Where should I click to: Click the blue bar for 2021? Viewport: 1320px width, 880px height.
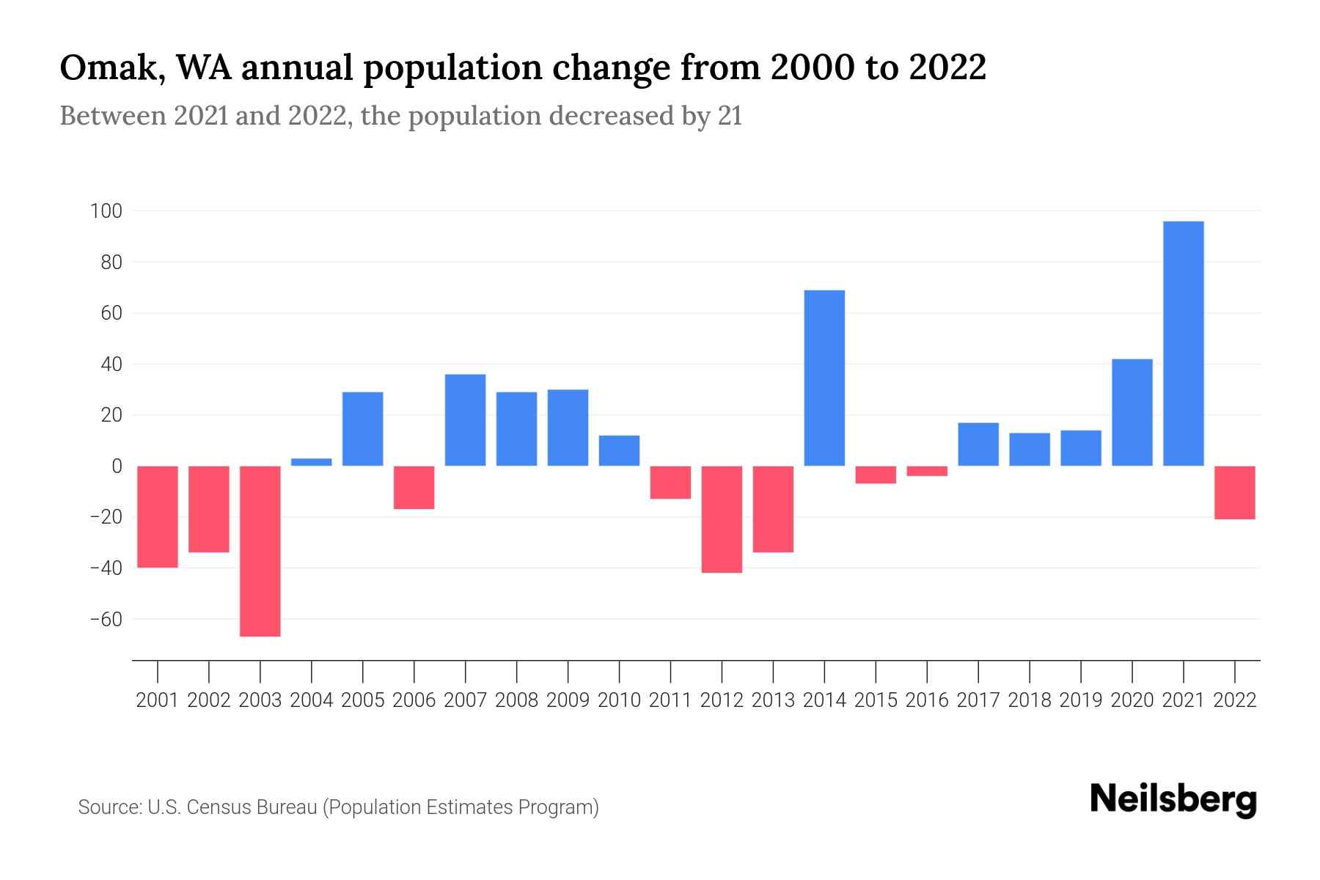(1183, 343)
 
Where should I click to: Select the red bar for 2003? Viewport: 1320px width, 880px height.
(260, 551)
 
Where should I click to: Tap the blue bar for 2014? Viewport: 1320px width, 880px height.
(824, 378)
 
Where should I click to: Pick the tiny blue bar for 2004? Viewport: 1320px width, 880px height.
(312, 462)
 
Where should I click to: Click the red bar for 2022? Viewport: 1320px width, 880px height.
(1234, 492)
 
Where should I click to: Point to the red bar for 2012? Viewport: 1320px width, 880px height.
(722, 519)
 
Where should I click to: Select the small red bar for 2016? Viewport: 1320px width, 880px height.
(927, 471)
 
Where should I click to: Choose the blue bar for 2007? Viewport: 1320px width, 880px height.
(465, 419)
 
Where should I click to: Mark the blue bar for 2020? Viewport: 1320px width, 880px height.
(1132, 412)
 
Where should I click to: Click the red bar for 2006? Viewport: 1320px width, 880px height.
(414, 487)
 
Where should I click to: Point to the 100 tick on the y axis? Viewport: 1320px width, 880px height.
(106, 211)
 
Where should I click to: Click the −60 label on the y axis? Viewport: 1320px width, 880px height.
(106, 620)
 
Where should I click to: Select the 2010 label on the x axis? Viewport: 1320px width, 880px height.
(619, 700)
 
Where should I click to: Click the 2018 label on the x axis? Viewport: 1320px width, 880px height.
(1029, 700)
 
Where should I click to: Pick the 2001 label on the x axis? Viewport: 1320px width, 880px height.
(158, 700)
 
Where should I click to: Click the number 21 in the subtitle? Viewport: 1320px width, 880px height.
(730, 116)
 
